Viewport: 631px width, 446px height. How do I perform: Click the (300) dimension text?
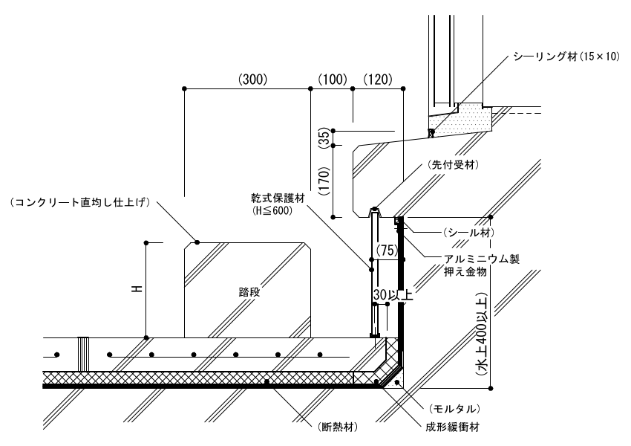point(252,79)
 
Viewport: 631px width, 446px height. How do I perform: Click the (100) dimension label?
point(332,79)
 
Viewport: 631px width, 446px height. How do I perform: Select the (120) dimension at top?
point(377,79)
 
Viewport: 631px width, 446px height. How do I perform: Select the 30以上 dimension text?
point(393,294)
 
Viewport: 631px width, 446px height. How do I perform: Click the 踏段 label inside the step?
point(240,293)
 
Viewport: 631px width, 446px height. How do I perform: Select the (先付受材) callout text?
point(451,164)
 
